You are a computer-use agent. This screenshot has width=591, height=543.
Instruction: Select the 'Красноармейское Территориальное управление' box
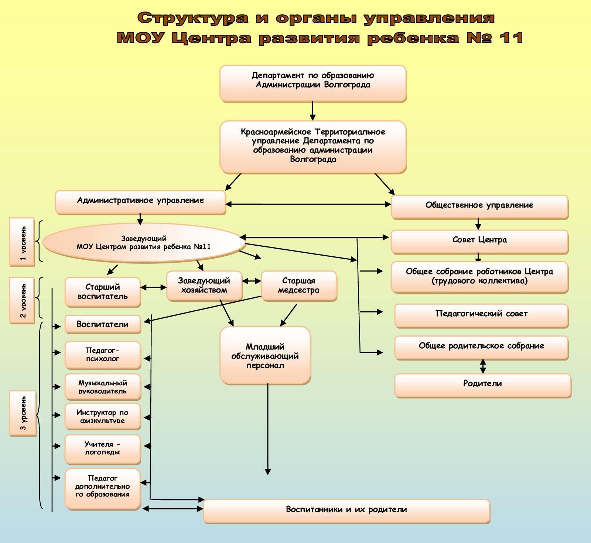pos(313,146)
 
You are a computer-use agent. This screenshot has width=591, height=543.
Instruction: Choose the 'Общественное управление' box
pos(479,206)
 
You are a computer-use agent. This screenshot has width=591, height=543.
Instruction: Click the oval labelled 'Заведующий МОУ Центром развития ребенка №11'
pos(144,243)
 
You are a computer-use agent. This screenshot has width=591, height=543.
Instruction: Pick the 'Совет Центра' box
pos(479,241)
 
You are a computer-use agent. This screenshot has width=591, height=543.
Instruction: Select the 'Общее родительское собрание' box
pos(481,347)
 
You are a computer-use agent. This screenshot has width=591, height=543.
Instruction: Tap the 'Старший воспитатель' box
pos(103,292)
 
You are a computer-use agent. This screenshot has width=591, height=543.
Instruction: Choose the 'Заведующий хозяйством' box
pos(204,286)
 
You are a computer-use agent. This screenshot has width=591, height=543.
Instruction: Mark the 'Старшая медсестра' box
pos(298,286)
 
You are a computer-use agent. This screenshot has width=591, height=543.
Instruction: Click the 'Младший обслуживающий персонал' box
pos(265,355)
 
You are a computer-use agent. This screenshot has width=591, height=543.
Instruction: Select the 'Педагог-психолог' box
pos(103,355)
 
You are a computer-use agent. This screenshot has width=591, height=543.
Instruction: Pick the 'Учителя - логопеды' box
pos(103,448)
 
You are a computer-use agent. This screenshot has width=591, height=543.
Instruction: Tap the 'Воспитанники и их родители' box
pos(346,510)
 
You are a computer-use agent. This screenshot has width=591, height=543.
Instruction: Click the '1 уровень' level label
pos(22,242)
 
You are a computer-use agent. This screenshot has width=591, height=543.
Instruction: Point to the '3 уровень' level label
pos(23,413)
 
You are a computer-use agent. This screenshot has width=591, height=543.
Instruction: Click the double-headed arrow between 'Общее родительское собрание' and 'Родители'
pos(482,366)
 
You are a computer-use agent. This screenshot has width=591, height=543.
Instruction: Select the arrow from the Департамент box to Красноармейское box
pos(313,111)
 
